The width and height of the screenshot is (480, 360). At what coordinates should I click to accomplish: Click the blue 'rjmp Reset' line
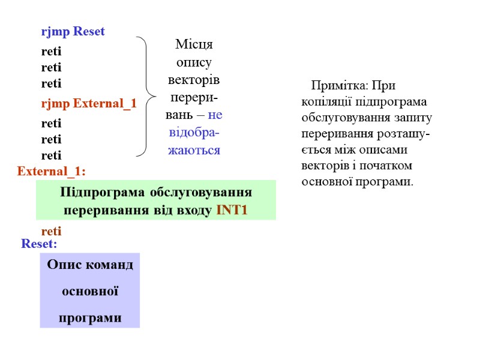click(73, 31)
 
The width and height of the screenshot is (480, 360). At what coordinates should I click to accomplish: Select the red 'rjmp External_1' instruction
click(88, 104)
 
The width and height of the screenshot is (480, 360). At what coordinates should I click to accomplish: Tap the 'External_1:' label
click(52, 172)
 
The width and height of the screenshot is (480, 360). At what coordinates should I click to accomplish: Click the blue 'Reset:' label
click(39, 244)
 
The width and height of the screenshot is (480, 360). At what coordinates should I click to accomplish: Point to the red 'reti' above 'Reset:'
click(51, 231)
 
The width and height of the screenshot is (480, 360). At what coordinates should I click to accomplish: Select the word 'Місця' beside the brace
click(194, 44)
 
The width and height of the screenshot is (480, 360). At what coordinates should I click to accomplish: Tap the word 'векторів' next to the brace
click(194, 80)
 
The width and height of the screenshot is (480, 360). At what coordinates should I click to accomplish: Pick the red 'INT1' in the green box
click(232, 211)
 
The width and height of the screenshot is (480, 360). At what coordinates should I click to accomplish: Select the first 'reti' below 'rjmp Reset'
click(51, 52)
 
